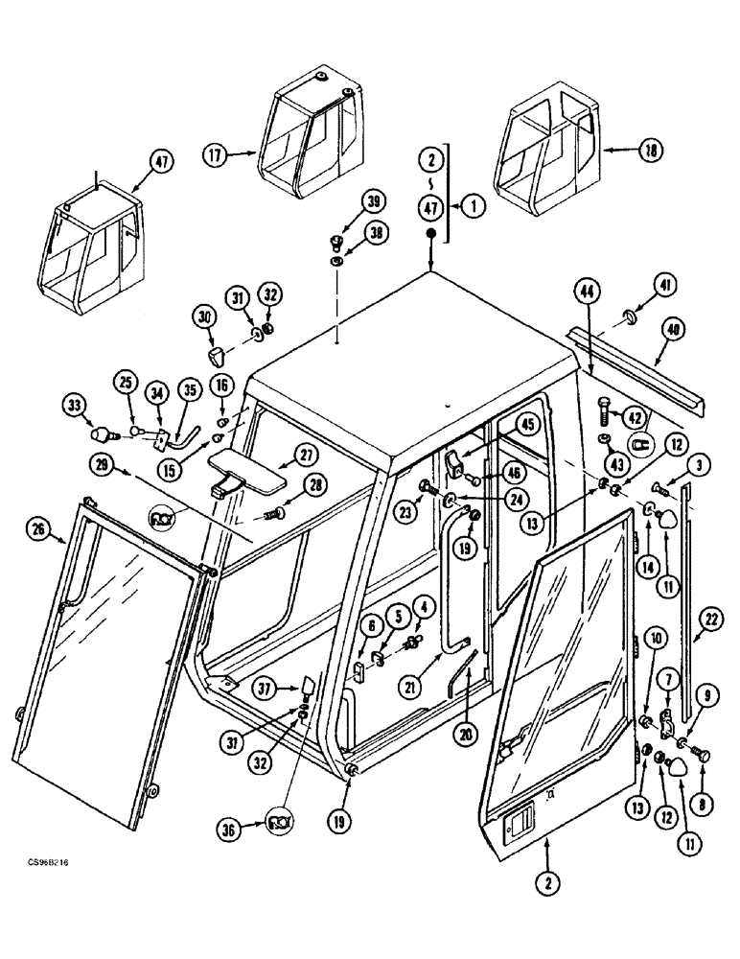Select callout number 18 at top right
(650, 151)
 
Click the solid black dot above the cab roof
(431, 235)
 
